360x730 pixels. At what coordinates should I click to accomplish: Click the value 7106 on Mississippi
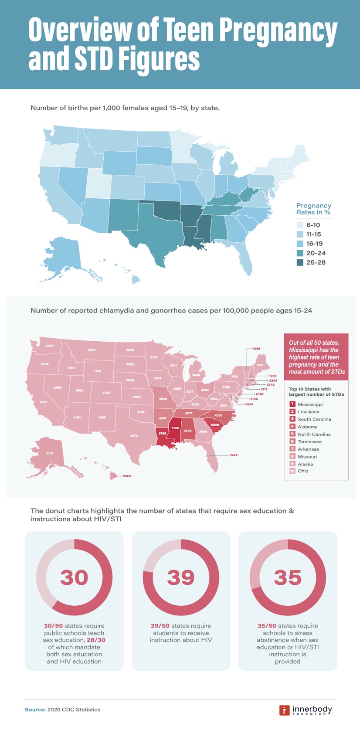(x=175, y=428)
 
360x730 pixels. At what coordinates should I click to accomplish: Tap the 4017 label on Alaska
(x=50, y=453)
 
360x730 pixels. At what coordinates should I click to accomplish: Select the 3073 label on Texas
(x=134, y=435)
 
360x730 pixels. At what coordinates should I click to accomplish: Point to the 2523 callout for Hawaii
(x=127, y=476)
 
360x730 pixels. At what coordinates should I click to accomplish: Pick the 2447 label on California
(x=43, y=402)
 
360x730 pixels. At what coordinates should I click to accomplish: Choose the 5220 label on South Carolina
(x=215, y=425)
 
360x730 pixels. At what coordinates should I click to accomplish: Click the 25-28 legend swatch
(x=300, y=262)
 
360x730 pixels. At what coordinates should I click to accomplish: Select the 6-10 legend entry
(x=313, y=225)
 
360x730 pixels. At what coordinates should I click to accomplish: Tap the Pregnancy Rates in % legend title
(x=313, y=209)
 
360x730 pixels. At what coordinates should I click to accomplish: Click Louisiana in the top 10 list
(x=308, y=411)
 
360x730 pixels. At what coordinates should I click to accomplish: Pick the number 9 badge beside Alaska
(x=292, y=464)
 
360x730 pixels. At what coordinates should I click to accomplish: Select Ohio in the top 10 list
(x=303, y=471)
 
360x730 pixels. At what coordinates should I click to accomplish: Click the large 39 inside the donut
(x=180, y=577)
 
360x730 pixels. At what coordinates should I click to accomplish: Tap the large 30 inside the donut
(x=74, y=577)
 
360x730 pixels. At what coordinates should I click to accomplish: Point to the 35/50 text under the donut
(x=267, y=626)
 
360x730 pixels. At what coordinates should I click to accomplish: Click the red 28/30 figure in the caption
(x=96, y=640)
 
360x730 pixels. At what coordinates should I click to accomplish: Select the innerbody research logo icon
(x=284, y=710)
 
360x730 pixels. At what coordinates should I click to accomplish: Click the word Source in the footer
(x=35, y=710)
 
